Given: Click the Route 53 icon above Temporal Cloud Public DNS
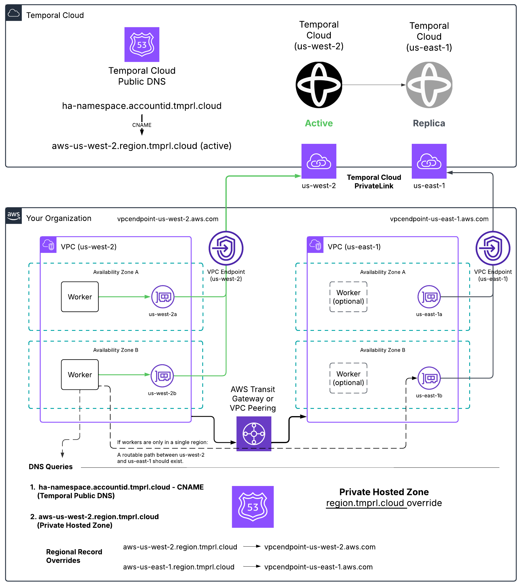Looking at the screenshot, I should click(142, 44).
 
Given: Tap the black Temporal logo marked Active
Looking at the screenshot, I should click(319, 85).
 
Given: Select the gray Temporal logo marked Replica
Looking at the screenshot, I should click(429, 85).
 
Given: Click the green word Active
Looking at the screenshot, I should click(319, 123).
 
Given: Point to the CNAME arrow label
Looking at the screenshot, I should click(142, 125).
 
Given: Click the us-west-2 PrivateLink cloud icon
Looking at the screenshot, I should click(319, 161).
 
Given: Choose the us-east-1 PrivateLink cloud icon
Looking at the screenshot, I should click(429, 161).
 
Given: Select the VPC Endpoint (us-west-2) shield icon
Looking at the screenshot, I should click(226, 248).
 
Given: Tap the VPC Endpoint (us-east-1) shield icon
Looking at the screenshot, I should click(493, 248).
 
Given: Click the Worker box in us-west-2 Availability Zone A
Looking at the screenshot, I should click(80, 297).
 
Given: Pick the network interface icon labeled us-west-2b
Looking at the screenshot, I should click(162, 376).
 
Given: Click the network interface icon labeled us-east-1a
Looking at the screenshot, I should click(429, 297).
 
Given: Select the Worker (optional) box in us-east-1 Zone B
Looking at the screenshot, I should click(348, 378).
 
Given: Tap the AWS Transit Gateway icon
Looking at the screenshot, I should click(254, 434).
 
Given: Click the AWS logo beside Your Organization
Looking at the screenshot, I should click(14, 216).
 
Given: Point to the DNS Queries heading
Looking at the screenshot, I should click(50, 467).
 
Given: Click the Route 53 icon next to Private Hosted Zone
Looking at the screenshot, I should click(253, 507).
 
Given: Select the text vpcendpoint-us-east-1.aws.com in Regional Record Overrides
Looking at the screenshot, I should click(318, 567).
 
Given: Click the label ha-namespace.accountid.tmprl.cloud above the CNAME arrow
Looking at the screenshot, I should click(142, 106).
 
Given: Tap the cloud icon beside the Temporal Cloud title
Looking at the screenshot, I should click(14, 13).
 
